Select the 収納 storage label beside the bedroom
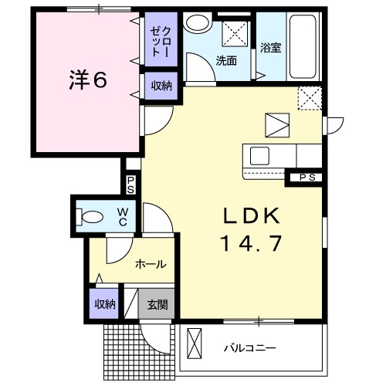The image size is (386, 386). tap(161, 86)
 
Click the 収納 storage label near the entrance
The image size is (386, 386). tap(106, 304)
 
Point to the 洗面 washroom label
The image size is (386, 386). tap(226, 59)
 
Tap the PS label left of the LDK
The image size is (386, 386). tap(130, 185)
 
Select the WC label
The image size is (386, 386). tap(123, 217)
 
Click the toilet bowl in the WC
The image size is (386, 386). tap(91, 217)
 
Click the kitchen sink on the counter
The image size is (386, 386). tap(259, 155)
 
